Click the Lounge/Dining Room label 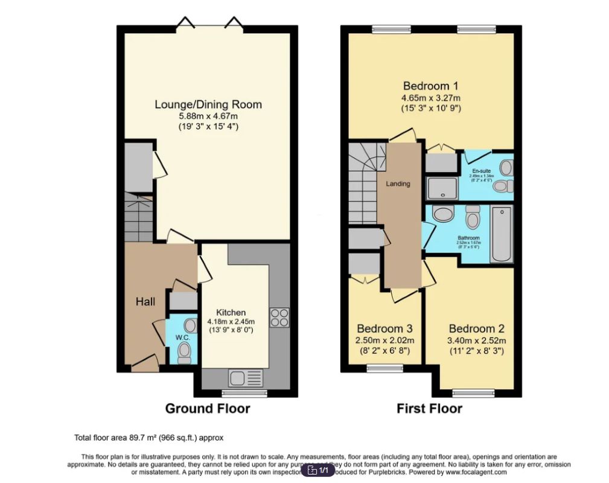(x=208, y=104)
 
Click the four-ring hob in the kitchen (x=279, y=317)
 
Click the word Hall (x=147, y=301)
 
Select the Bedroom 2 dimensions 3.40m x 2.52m (x=477, y=341)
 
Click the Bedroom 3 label (x=384, y=328)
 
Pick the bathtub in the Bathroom (x=501, y=234)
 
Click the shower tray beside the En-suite (x=442, y=188)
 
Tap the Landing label (x=398, y=184)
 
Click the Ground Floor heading (x=208, y=409)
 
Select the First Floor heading (x=429, y=409)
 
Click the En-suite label (x=481, y=170)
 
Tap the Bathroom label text (x=468, y=238)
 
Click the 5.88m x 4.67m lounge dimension (x=208, y=116)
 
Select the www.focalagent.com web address (x=476, y=472)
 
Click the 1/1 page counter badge (x=318, y=470)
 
